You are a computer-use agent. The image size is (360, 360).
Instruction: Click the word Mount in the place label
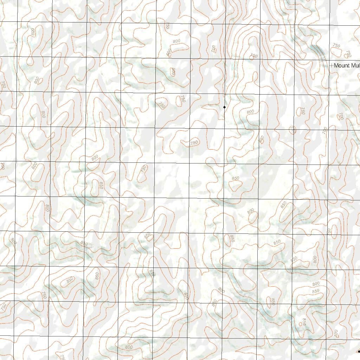pos(342,65)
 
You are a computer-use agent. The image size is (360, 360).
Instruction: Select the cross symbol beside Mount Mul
pos(331,65)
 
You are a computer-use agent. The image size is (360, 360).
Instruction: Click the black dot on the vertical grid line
pos(224,107)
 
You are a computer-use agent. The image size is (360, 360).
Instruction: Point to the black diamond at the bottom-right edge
pos(358,351)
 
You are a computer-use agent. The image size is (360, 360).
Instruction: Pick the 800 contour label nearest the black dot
pos(250,112)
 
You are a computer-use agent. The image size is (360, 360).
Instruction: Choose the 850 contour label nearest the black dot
pos(261,139)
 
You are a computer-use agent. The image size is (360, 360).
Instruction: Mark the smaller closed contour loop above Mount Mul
pos(348,54)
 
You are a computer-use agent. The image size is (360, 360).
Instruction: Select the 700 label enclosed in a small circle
pos(293,130)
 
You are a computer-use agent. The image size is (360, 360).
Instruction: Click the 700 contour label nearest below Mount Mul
pos(340,116)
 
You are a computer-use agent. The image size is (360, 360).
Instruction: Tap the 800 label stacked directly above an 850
pos(316,284)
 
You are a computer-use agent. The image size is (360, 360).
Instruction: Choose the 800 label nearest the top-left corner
pos(33,32)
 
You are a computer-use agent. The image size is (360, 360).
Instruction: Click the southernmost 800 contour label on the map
pos(129,347)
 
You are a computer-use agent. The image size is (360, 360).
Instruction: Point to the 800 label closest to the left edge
pos(13,241)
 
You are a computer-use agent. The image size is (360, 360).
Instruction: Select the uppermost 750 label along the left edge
pos(4,84)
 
